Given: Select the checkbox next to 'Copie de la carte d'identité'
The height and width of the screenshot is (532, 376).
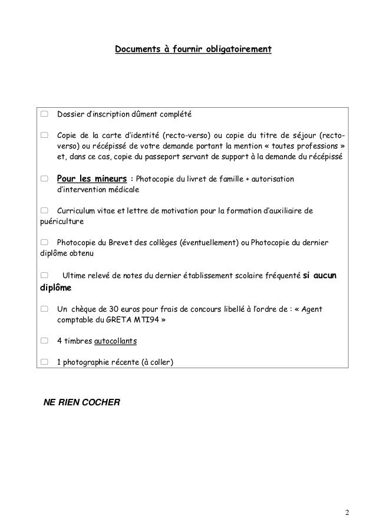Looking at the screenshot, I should pos(44,136).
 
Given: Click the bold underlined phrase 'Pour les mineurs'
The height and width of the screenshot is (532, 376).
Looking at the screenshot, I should pos(91,179).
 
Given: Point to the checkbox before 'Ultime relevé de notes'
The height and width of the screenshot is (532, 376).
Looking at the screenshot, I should pos(44,276).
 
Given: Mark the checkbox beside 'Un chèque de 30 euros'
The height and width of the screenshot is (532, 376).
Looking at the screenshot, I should pos(44,308).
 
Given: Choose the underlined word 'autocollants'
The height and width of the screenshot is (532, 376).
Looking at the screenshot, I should pos(114,341).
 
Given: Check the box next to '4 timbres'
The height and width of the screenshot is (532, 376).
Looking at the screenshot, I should pos(44,341).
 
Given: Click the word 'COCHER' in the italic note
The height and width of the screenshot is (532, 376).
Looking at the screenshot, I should pos(99,403).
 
